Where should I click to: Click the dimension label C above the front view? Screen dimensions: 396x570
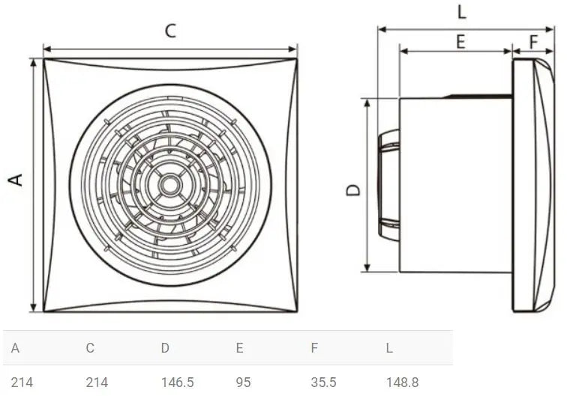click(x=170, y=31)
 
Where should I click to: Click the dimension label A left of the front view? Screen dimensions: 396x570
click(x=16, y=180)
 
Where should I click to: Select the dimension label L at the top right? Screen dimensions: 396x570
click(x=461, y=11)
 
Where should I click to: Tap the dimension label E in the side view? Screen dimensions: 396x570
click(x=460, y=41)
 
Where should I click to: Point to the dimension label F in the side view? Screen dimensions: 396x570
click(x=533, y=41)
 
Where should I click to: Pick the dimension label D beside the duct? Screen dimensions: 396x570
click(x=353, y=189)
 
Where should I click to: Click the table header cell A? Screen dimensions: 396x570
click(x=15, y=348)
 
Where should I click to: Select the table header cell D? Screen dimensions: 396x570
click(x=165, y=348)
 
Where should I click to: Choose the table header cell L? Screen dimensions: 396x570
click(x=390, y=348)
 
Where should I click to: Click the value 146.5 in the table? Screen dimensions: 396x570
click(x=177, y=383)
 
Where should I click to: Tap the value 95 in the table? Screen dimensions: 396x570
click(x=243, y=383)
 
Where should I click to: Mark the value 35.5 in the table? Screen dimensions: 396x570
click(x=323, y=383)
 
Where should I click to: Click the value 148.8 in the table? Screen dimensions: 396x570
click(x=402, y=383)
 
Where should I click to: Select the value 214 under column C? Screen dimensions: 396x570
click(x=97, y=383)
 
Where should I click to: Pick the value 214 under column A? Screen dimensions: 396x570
click(x=22, y=383)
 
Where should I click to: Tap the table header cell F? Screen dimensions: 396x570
click(x=314, y=348)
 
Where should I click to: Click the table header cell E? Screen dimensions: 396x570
click(x=239, y=348)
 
